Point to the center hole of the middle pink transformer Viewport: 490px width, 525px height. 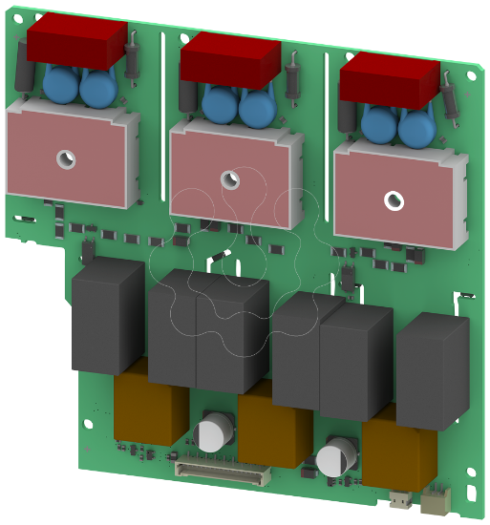(228, 178)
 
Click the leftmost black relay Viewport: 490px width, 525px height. (107, 319)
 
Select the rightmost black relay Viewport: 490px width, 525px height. (432, 369)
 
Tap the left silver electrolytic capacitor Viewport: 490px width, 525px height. (210, 434)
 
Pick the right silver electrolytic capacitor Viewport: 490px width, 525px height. (333, 456)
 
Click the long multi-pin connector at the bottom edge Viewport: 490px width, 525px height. (221, 472)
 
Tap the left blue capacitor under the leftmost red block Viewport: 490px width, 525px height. (63, 88)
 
